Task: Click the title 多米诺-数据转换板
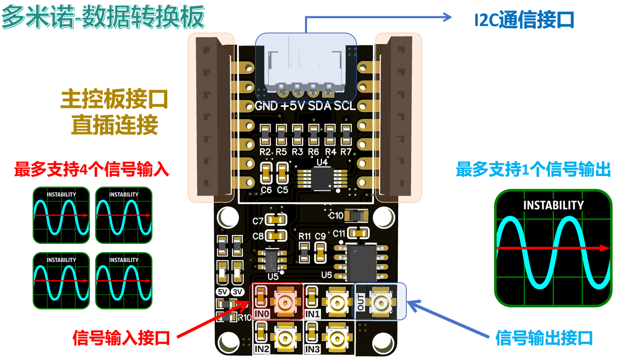coord(102,18)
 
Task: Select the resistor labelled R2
coord(265,134)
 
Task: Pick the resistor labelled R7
coord(346,134)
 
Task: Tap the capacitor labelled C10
coord(356,215)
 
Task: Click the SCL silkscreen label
coord(345,106)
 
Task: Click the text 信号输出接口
coord(544,338)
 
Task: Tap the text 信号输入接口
coord(121,338)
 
